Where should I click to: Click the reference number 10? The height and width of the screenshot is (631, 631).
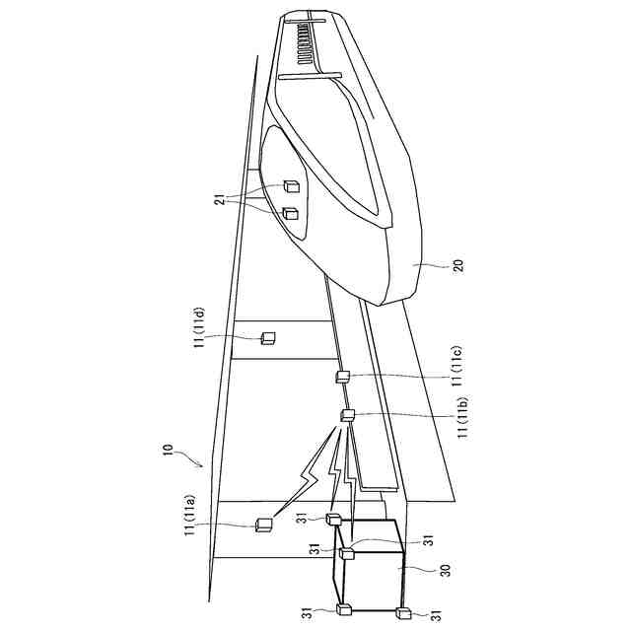click(168, 449)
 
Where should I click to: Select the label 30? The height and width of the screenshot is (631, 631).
click(446, 570)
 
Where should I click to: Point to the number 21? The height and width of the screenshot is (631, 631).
click(221, 199)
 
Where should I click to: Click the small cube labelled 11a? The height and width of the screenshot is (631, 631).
click(263, 526)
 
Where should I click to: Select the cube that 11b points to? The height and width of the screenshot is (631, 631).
click(347, 415)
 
